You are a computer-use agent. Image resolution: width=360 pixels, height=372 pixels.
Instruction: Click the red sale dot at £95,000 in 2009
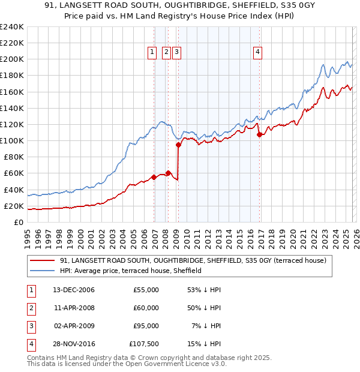178,145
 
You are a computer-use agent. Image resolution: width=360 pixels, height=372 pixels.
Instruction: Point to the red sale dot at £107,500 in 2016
259,134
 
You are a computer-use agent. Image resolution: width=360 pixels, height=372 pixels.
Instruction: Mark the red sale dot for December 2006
154,177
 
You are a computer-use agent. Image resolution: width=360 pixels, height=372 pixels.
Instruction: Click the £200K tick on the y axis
12,59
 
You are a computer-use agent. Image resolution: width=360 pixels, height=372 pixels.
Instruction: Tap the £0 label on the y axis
19,222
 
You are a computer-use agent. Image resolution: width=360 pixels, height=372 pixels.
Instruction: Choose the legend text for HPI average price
131,271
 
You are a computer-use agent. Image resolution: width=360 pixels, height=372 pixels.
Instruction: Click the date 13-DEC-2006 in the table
73,290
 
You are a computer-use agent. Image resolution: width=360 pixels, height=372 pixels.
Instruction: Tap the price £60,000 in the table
146,308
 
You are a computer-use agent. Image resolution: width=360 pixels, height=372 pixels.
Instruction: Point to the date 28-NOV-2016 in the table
73,344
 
